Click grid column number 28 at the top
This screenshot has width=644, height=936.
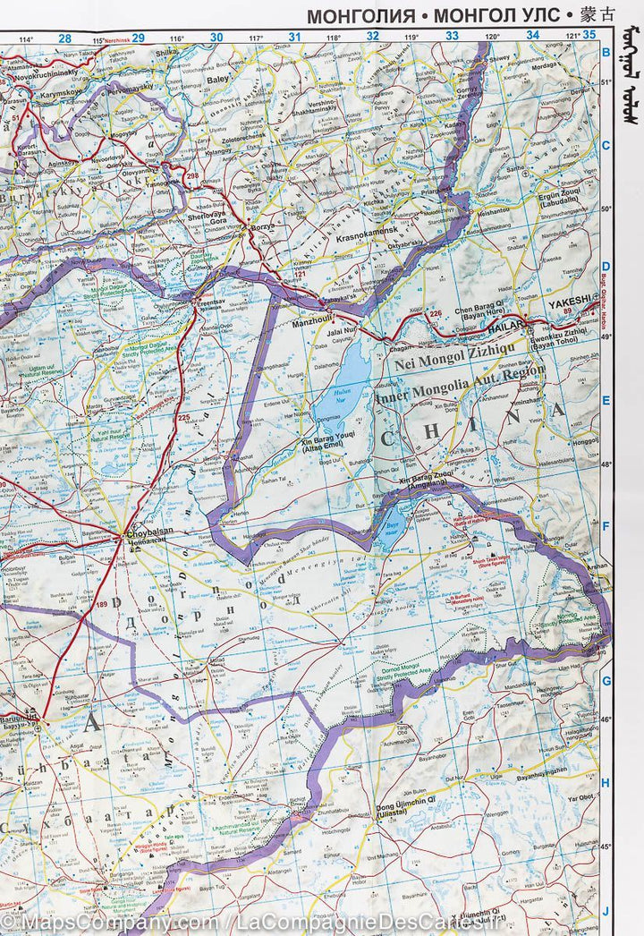pos(64,37)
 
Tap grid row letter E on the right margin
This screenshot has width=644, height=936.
pos(606,401)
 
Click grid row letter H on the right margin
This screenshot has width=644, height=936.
pos(606,782)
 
